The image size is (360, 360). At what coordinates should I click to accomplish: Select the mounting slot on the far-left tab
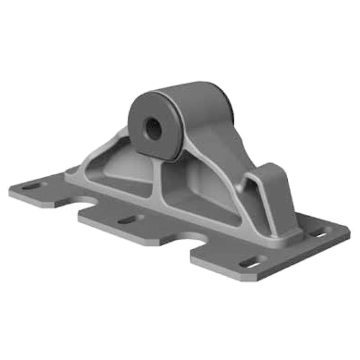click(x=31, y=188)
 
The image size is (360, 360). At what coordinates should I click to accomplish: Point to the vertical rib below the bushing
click(x=159, y=178)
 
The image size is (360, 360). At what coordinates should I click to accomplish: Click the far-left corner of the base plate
click(x=11, y=192)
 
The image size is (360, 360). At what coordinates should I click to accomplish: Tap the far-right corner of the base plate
click(x=349, y=229)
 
